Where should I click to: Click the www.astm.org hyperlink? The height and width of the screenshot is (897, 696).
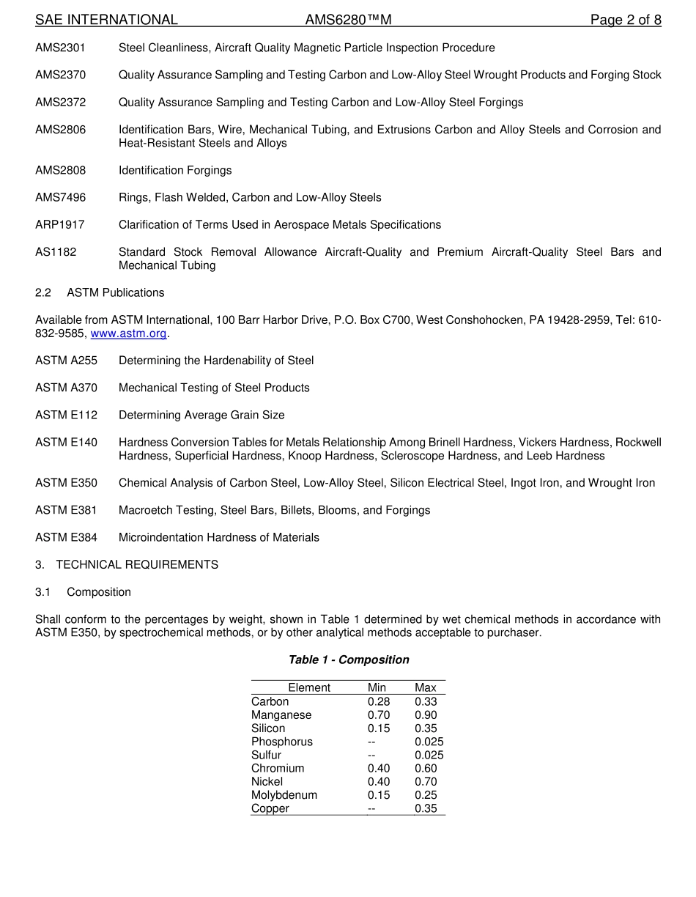(128, 333)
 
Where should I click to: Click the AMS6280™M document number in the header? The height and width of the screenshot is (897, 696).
(348, 21)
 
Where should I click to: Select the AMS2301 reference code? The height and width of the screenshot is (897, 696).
(60, 48)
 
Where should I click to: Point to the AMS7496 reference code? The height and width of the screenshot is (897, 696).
(60, 198)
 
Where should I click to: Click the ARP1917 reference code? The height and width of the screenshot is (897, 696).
(59, 225)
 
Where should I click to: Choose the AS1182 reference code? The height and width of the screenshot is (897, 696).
(55, 252)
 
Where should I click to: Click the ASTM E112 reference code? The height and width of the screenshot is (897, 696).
(66, 416)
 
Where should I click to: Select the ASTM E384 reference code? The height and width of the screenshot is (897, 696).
(66, 538)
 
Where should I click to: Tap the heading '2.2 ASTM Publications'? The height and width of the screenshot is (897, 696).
(100, 293)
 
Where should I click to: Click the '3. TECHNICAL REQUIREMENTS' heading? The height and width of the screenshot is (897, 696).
(127, 565)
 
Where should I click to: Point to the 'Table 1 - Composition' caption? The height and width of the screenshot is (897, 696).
(349, 660)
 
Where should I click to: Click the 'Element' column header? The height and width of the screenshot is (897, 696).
(308, 688)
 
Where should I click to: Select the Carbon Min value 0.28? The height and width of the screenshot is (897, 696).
(379, 702)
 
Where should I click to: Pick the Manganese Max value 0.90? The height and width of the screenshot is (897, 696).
(426, 715)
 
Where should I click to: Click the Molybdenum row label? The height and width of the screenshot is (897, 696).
(284, 795)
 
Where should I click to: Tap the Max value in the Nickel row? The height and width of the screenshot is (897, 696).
(426, 782)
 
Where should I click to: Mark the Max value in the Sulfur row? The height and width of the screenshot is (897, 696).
(429, 756)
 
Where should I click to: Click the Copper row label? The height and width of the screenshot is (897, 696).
(270, 809)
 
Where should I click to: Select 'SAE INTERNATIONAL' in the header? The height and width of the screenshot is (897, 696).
(106, 21)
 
